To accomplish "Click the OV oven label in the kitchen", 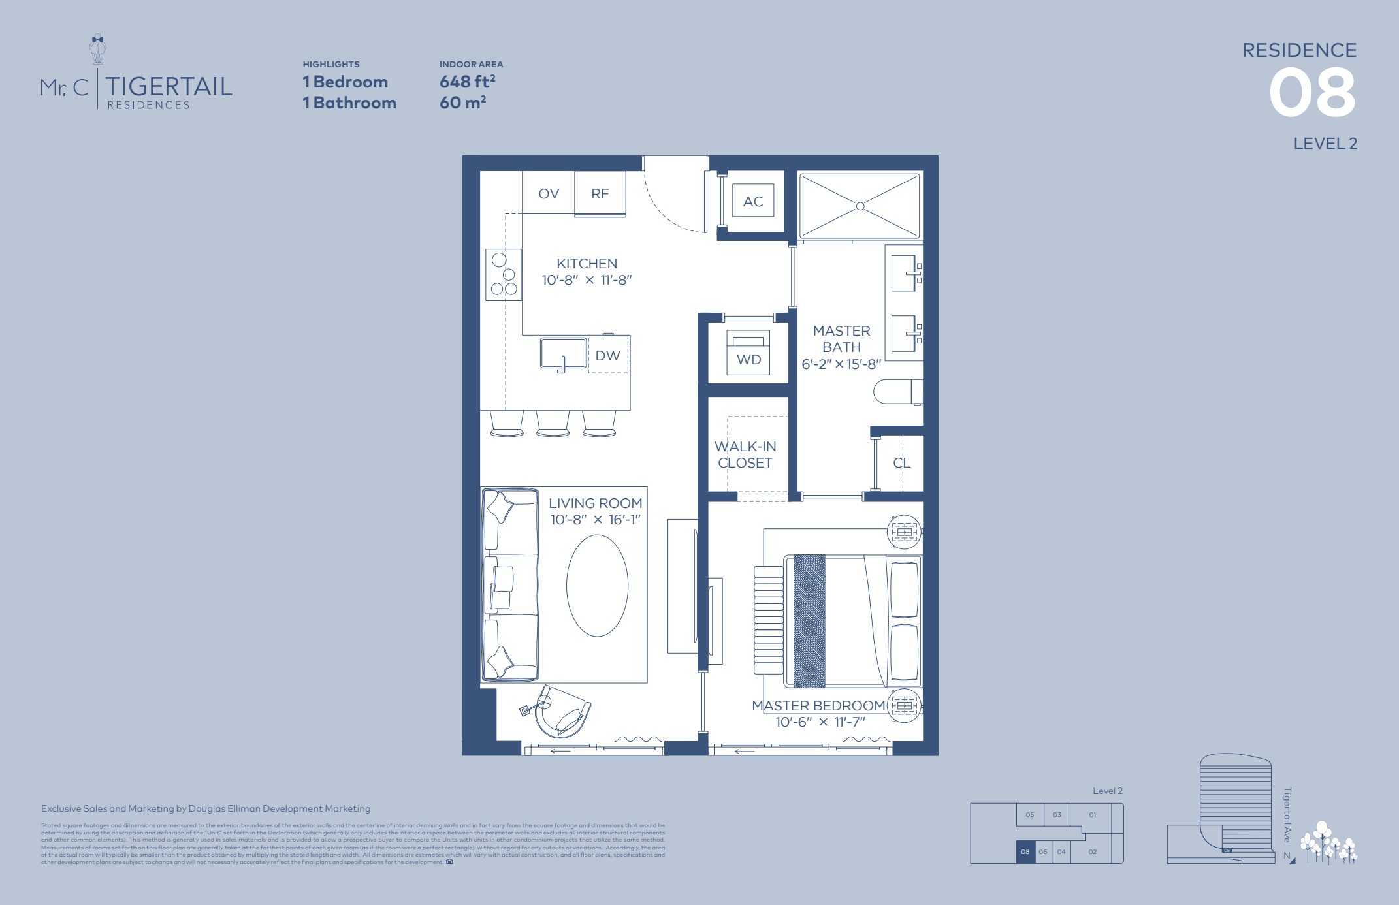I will point(549,194).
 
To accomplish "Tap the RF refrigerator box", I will point(600,194).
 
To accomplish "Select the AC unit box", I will point(753,202).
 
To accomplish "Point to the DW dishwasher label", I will point(607,356).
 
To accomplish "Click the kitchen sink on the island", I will point(563,353).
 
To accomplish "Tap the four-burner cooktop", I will point(504,275).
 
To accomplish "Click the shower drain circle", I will point(860,206).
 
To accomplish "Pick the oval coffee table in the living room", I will point(597,586).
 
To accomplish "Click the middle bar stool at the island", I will point(553,423).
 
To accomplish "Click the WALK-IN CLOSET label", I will point(745,454).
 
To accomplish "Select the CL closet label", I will point(901,463).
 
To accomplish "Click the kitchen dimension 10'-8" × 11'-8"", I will point(587,280).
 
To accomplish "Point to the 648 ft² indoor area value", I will point(467,82).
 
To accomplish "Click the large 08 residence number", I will point(1311,94).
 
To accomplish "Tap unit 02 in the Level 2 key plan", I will point(1092,851).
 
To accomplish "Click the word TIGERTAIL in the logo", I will point(169,87).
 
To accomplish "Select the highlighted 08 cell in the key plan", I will point(1025,852).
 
